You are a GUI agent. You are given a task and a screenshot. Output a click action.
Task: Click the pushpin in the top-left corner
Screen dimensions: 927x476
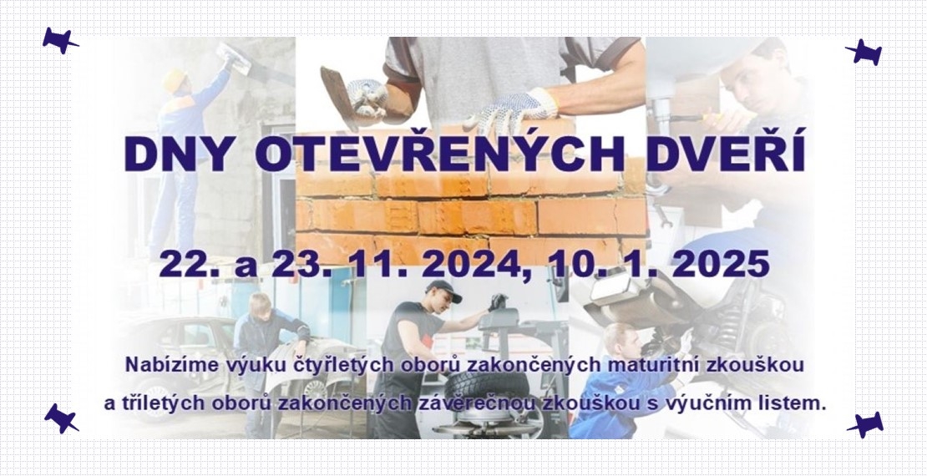pyautogui.click(x=59, y=41)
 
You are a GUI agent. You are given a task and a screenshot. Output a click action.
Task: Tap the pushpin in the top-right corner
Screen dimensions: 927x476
pyautogui.click(x=864, y=52)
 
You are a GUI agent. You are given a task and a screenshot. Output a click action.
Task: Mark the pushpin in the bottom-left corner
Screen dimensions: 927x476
pyautogui.click(x=61, y=418)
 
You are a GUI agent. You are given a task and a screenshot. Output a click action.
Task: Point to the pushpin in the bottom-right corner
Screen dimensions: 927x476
pyautogui.click(x=865, y=424)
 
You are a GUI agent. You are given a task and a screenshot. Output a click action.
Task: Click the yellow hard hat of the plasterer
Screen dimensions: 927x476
pyautogui.click(x=175, y=80)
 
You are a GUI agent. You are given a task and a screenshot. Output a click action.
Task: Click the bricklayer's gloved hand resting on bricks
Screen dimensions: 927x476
pyautogui.click(x=511, y=110)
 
